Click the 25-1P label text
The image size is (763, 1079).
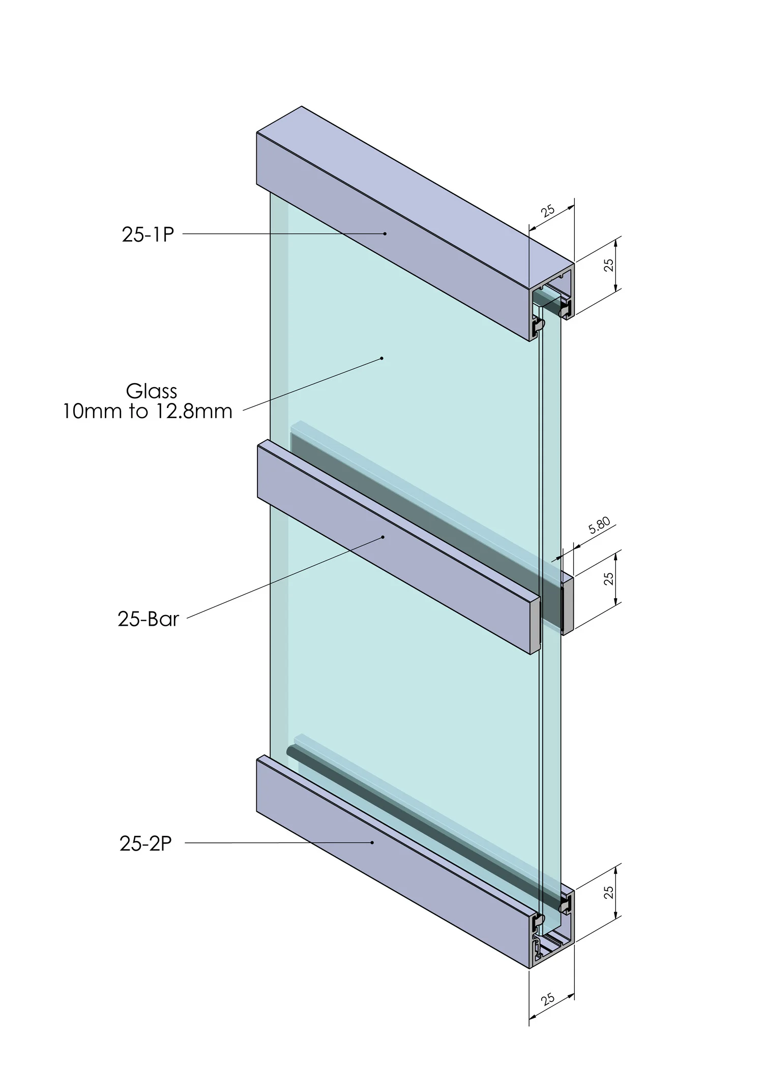point(148,235)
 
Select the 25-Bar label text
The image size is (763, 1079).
point(148,619)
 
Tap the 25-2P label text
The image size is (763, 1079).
point(146,843)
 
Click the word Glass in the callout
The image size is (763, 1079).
point(152,391)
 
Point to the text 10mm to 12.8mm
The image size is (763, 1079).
point(148,411)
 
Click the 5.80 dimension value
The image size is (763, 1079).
point(600,526)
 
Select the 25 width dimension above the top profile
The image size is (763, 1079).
point(548,211)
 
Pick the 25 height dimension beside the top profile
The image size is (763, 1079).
point(609,265)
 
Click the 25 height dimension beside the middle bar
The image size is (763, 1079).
point(609,578)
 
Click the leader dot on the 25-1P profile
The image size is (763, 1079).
point(385,234)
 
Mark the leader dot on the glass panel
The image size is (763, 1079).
point(382,358)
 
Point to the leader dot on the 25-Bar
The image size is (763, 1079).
point(383,537)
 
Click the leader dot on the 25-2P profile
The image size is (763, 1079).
point(372,842)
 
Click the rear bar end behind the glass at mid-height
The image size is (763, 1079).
point(568,605)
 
